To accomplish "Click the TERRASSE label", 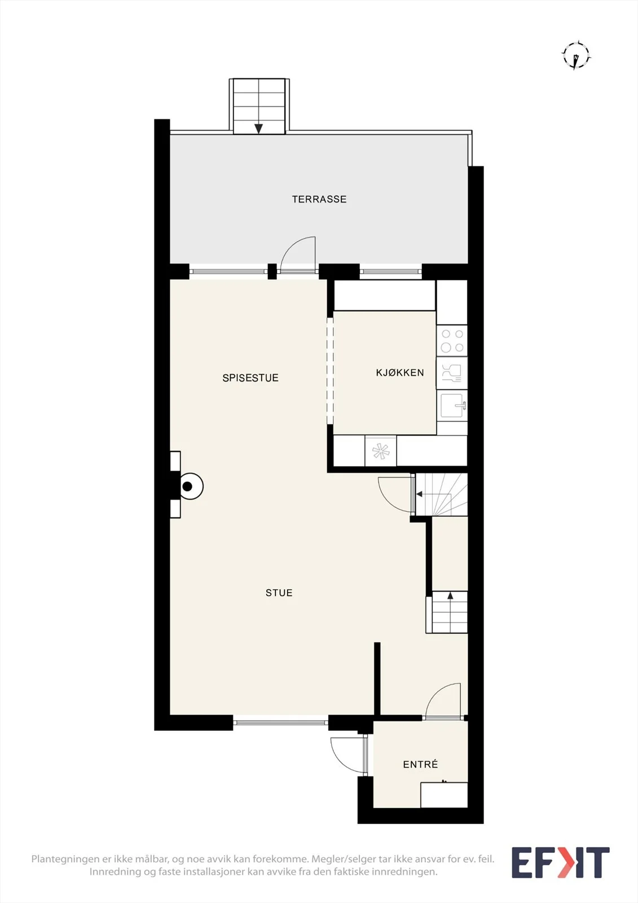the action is click(x=319, y=199).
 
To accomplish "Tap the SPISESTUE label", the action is click(x=250, y=378).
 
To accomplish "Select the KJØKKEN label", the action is click(x=400, y=372).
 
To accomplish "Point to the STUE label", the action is click(x=279, y=593).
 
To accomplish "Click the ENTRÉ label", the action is click(x=420, y=764).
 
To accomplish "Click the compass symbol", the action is click(x=577, y=55).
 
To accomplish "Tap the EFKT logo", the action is click(x=561, y=863).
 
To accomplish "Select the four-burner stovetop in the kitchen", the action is click(x=452, y=341).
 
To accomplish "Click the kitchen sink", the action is click(x=452, y=406).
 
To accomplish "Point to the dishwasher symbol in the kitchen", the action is click(x=452, y=373).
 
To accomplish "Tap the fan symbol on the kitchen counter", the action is click(x=380, y=451).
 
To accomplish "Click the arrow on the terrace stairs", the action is click(x=258, y=128).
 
